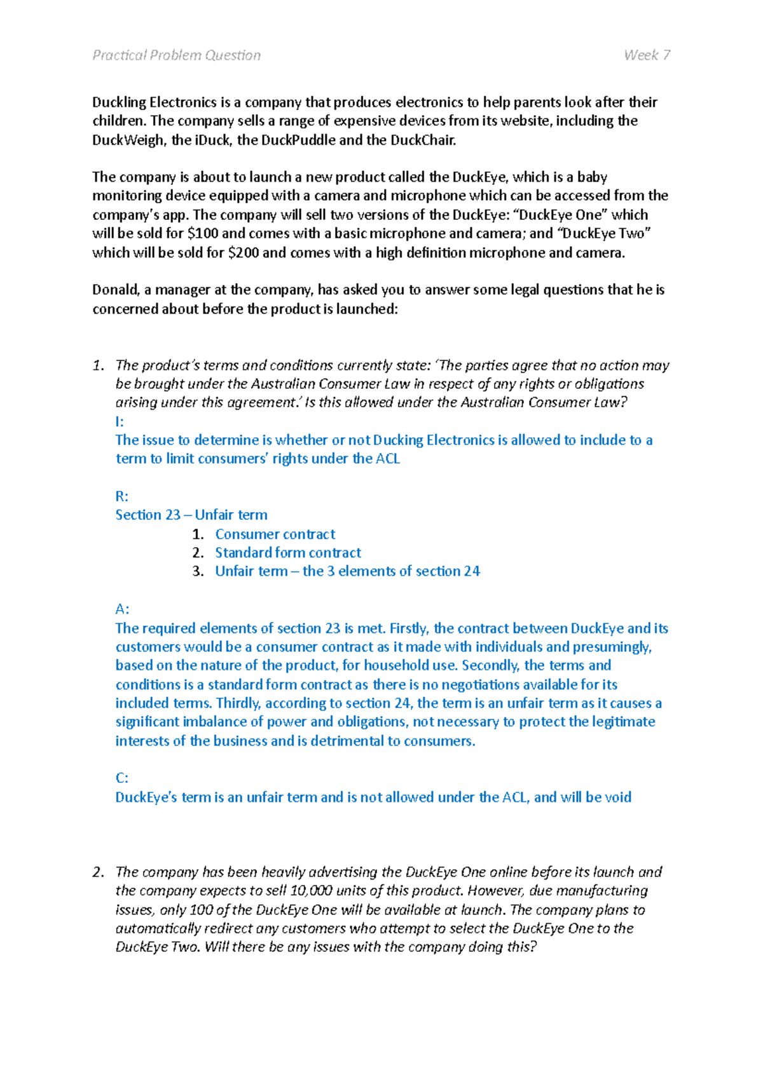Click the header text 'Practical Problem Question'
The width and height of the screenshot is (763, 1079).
point(176,55)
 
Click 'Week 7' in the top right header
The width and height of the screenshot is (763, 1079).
point(647,55)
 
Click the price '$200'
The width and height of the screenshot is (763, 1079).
point(243,252)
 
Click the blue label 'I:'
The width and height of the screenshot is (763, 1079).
point(120,421)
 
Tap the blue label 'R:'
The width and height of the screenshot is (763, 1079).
point(121,496)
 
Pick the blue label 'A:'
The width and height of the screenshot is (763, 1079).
point(122,609)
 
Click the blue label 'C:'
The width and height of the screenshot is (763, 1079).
point(121,778)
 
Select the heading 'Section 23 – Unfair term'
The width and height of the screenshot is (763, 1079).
point(191,515)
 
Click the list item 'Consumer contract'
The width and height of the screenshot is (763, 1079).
point(275,534)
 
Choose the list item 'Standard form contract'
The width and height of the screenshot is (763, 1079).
point(287,552)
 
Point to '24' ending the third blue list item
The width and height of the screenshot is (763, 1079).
point(472,571)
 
